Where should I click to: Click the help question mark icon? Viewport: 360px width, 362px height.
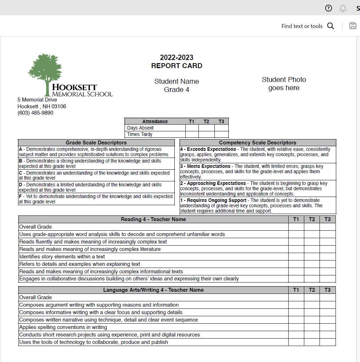tap(329, 8)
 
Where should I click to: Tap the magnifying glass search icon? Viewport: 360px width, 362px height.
tap(331, 26)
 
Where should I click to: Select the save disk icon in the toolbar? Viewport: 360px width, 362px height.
tap(353, 26)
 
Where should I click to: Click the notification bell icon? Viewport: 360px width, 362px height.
tap(343, 8)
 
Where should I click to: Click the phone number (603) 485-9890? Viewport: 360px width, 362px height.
tap(36, 113)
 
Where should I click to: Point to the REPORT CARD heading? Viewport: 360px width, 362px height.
tap(176, 66)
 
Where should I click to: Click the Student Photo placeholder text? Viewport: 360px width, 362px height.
tap(284, 84)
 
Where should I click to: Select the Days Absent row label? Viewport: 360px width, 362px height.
tap(141, 128)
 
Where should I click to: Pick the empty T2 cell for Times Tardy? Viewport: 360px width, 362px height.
tap(206, 134)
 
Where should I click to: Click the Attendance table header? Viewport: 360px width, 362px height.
tap(155, 121)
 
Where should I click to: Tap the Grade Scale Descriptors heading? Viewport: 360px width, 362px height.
tap(96, 143)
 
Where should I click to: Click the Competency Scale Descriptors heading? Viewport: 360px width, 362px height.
tap(257, 143)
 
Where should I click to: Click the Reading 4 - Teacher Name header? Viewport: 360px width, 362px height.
tap(153, 219)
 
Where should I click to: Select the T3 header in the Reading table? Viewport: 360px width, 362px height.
tap(327, 219)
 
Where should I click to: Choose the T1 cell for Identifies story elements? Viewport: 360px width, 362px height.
tap(296, 257)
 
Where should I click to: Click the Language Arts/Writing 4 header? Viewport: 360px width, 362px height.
tap(153, 290)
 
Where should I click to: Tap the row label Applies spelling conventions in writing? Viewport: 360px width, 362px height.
tap(63, 327)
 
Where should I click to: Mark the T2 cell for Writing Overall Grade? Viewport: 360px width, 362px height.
tap(312, 297)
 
